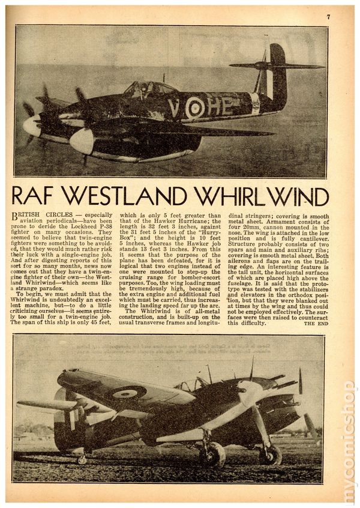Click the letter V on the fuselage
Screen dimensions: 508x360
tap(175, 108)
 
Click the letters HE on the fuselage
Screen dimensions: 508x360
tap(220, 106)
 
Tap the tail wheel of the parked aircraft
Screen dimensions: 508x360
tap(82, 459)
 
